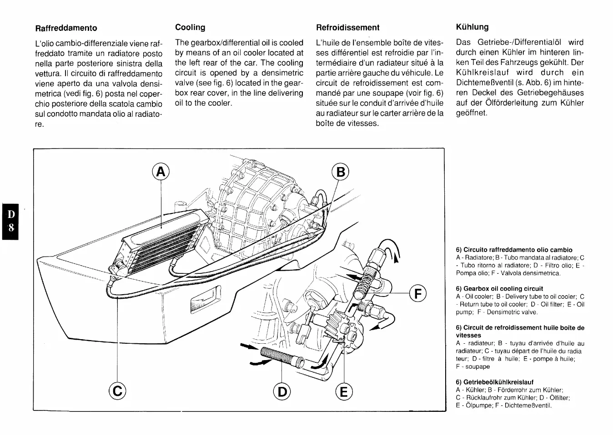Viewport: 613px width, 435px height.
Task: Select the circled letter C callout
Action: (118, 390)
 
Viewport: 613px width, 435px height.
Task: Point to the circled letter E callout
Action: (344, 391)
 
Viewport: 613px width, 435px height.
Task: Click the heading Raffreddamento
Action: (66, 28)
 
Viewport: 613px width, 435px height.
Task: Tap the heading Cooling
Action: (190, 27)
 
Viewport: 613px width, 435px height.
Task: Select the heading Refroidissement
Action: (347, 28)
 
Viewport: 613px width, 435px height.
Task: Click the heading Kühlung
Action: (472, 27)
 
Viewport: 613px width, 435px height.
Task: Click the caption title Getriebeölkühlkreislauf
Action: (495, 382)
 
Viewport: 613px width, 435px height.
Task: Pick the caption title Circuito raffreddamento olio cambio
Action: (514, 250)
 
